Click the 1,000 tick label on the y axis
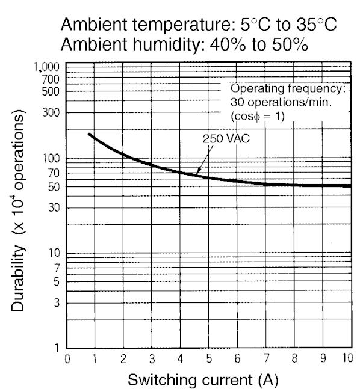[46, 67]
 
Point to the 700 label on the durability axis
[51, 79]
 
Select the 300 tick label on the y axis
[51, 112]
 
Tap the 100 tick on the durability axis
[51, 158]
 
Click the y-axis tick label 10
[54, 253]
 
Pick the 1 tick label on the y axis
[57, 348]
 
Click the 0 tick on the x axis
[67, 359]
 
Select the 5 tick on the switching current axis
[209, 359]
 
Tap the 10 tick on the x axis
[347, 358]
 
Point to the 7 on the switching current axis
[266, 358]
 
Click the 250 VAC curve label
[226, 139]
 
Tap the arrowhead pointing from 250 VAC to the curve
[197, 173]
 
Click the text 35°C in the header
[317, 25]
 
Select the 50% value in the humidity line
[290, 44]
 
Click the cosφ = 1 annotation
[258, 117]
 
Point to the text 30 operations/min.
[281, 102]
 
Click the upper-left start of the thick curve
[89, 134]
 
